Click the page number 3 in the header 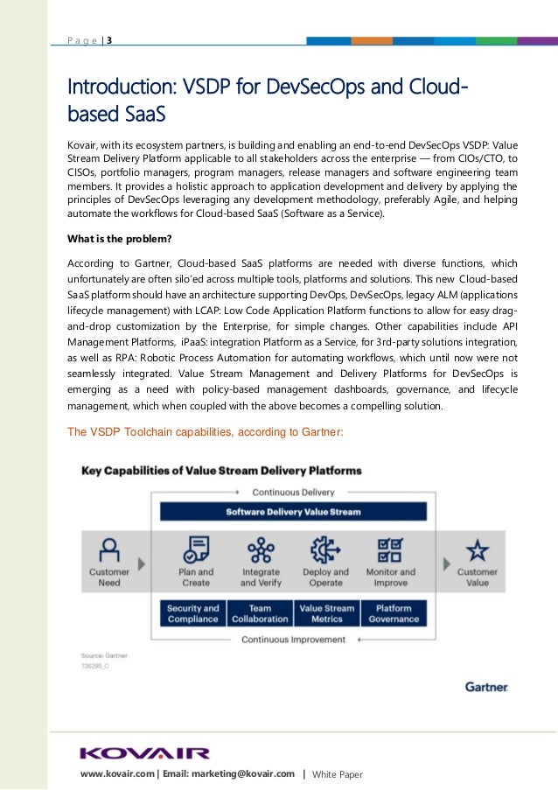pyautogui.click(x=109, y=40)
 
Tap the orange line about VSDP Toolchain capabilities pyautogui.click(x=206, y=431)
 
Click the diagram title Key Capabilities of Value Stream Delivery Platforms pyautogui.click(x=221, y=470)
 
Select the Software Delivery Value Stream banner pyautogui.click(x=294, y=512)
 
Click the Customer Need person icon pyautogui.click(x=108, y=549)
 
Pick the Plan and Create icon pyautogui.click(x=195, y=549)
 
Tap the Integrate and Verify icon pyautogui.click(x=260, y=549)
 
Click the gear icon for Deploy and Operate pyautogui.click(x=326, y=549)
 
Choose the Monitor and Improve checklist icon pyautogui.click(x=390, y=549)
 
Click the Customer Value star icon pyautogui.click(x=477, y=549)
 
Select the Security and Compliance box pyautogui.click(x=193, y=613)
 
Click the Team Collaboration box pyautogui.click(x=260, y=613)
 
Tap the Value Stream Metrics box pyautogui.click(x=326, y=613)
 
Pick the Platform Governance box pyautogui.click(x=393, y=613)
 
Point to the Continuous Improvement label pyautogui.click(x=294, y=640)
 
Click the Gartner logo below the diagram pyautogui.click(x=485, y=688)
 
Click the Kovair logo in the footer pyautogui.click(x=144, y=753)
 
